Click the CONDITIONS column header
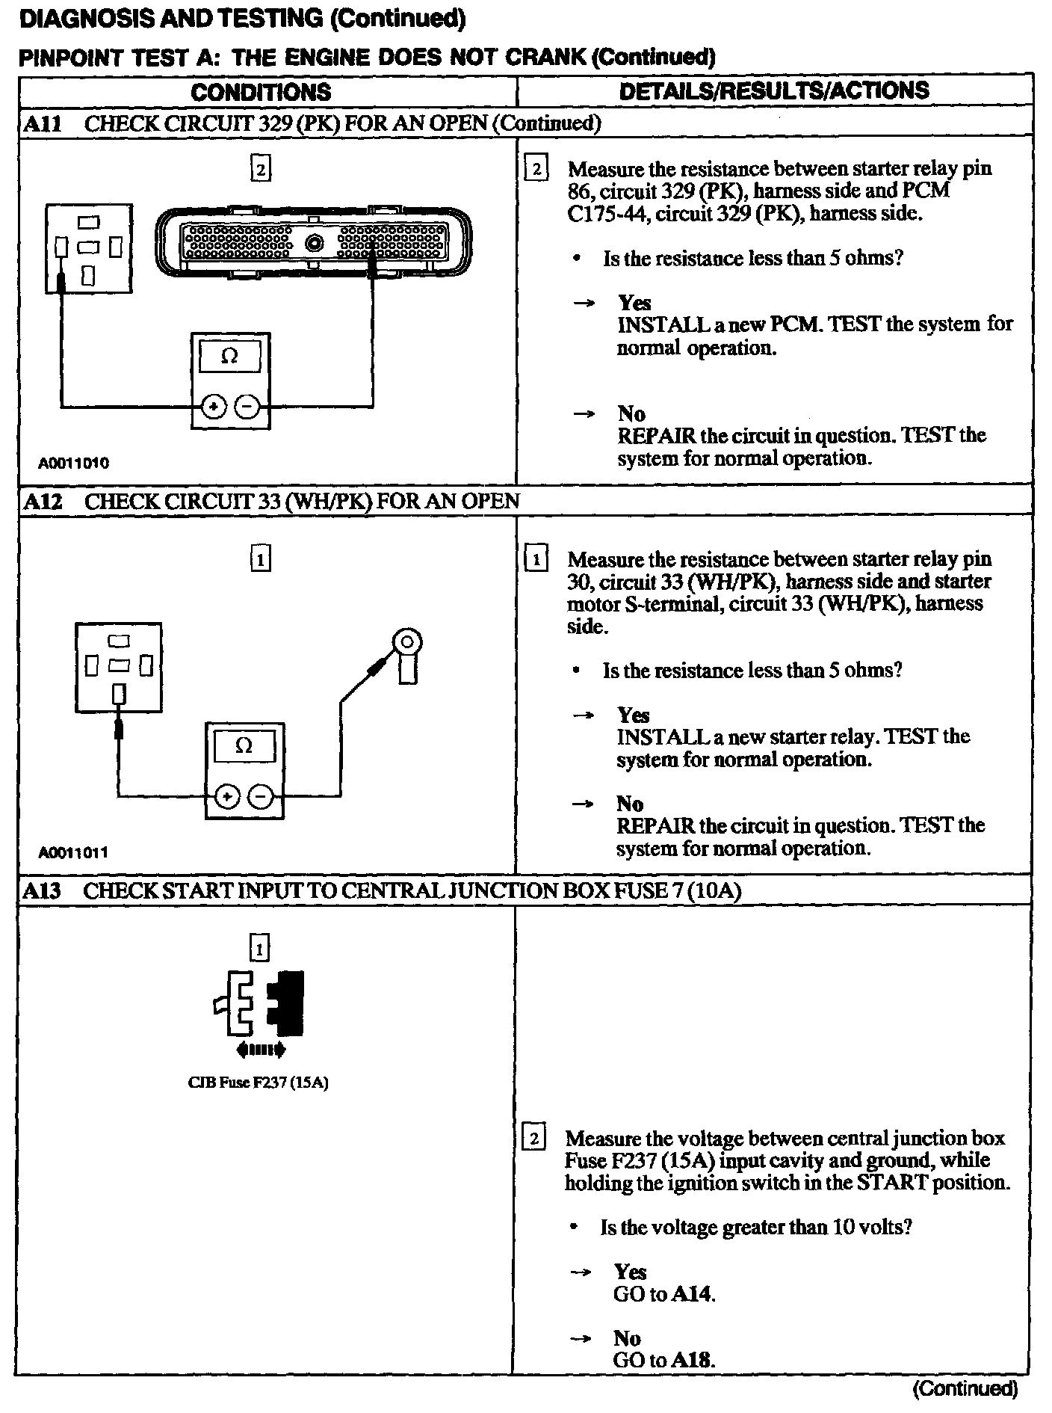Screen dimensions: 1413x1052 261,92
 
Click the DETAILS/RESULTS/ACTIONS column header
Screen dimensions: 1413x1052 774,90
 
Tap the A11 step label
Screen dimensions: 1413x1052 43,123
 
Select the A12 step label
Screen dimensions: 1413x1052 43,501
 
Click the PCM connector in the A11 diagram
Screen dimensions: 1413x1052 314,244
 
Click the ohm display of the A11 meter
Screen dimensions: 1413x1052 230,357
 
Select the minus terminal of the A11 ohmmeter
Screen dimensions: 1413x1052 248,407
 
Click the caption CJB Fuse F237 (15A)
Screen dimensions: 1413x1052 259,1082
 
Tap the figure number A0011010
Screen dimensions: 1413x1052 73,463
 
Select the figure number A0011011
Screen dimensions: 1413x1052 73,852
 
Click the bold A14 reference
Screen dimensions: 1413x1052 693,1294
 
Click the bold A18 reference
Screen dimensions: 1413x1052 693,1360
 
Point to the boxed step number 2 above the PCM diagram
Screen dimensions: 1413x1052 259,170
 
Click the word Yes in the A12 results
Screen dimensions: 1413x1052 633,715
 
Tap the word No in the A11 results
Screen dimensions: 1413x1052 631,413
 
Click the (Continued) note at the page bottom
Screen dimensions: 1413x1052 965,1388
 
